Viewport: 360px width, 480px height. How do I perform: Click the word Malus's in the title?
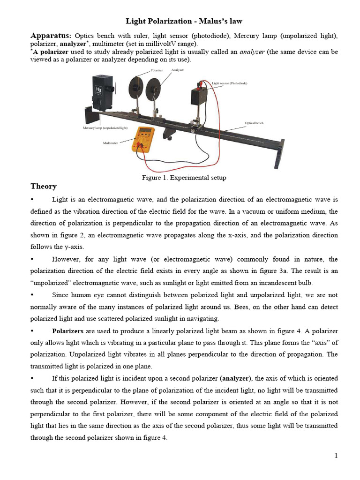coord(209,21)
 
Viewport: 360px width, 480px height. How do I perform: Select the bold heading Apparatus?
coord(51,36)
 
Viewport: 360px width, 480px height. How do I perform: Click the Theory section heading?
coord(44,186)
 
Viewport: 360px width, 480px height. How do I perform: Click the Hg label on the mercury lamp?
coord(98,90)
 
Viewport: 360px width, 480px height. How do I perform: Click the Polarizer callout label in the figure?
coord(157,70)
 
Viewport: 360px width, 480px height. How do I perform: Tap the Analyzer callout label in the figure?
coord(178,70)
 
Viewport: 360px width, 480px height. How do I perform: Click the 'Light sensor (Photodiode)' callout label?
coord(229,83)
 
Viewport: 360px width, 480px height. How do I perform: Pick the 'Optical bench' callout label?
coord(254,123)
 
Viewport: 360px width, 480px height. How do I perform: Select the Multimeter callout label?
coord(111,142)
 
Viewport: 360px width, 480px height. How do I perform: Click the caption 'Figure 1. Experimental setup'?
coord(184,178)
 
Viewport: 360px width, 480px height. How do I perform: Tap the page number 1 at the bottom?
coord(336,456)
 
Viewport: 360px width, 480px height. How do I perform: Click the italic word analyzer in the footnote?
coord(252,52)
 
